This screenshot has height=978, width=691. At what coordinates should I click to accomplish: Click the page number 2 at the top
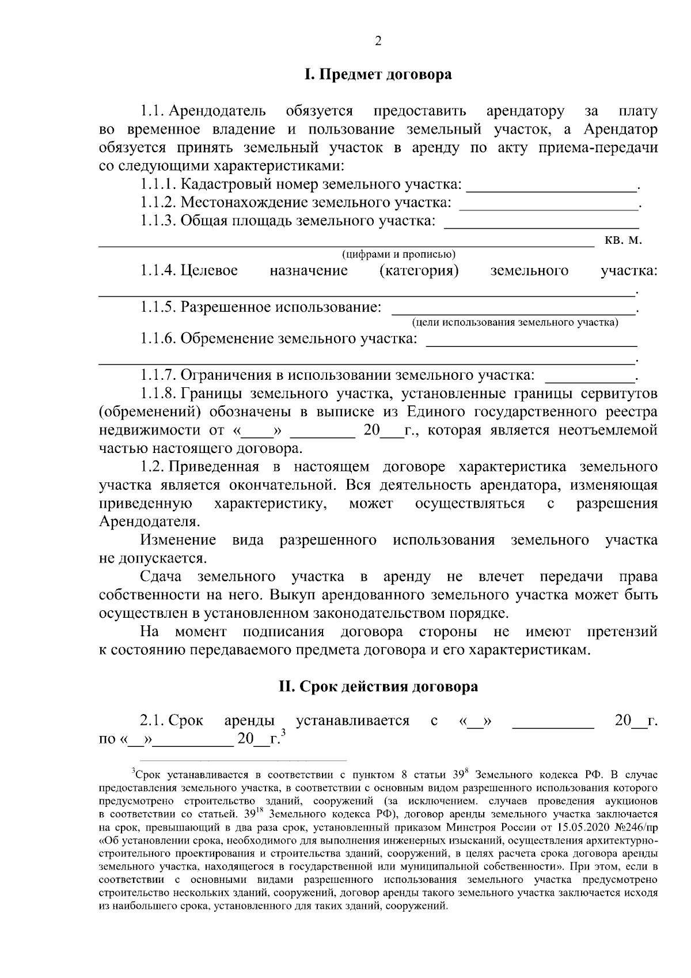click(x=378, y=41)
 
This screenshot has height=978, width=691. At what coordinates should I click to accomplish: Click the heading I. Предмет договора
click(x=378, y=75)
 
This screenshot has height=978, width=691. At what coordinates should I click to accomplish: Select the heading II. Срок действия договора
click(x=378, y=687)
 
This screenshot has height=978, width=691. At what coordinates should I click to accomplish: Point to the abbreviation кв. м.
click(x=624, y=240)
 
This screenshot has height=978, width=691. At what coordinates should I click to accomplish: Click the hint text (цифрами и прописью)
click(x=398, y=254)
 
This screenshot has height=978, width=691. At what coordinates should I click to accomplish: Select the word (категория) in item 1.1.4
click(x=419, y=271)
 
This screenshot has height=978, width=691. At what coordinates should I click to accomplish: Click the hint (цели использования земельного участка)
click(x=514, y=322)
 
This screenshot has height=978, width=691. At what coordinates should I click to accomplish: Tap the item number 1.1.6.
click(x=158, y=339)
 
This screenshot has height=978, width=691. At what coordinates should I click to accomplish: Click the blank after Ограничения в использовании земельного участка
click(x=588, y=378)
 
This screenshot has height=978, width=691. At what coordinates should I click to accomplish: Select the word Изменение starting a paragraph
click(x=178, y=541)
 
